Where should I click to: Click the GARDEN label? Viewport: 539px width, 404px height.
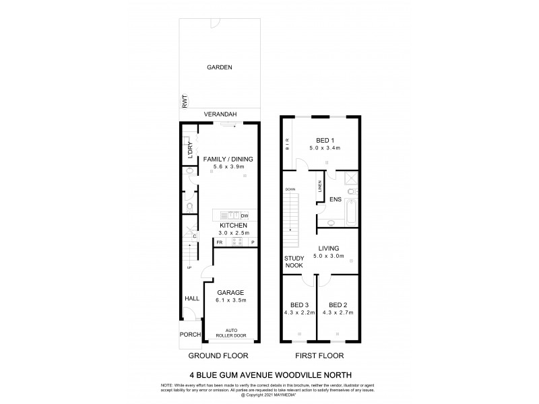219,67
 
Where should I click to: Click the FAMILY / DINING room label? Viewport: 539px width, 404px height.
227,159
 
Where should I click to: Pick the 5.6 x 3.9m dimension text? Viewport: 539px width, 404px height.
227,166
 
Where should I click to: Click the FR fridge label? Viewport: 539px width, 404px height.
220,242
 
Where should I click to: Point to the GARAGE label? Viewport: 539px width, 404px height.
230,292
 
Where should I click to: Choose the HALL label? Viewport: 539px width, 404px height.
191,298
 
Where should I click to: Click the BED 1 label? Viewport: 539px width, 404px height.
325,139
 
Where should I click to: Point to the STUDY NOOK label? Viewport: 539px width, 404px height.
294,261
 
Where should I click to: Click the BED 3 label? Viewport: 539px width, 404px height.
300,305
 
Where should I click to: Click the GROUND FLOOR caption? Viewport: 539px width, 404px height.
218,355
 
